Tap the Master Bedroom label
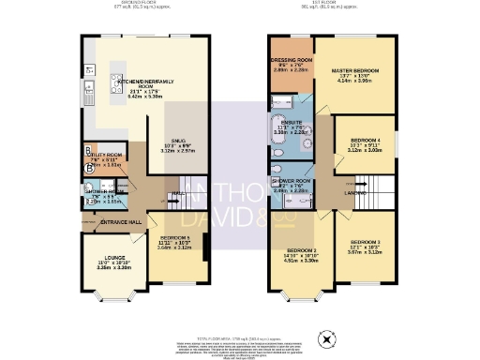click(360, 70)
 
